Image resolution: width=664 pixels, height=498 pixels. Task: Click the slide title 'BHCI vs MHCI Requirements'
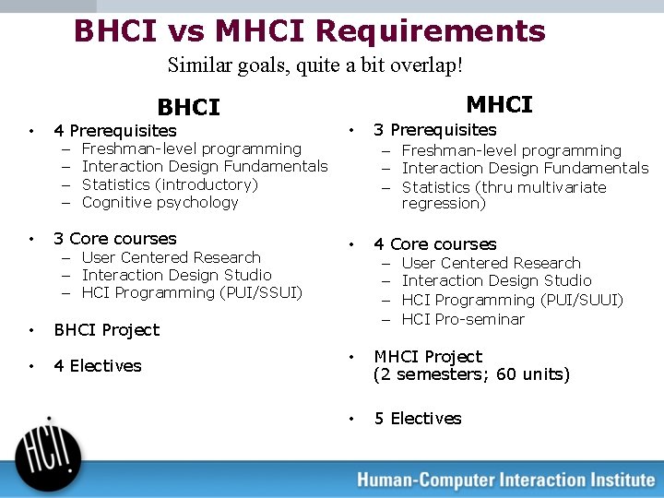tap(310, 30)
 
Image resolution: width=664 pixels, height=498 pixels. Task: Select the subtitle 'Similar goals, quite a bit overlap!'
tap(315, 65)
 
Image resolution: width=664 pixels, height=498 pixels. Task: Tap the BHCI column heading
tap(188, 108)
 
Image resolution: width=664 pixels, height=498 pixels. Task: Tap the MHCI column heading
tap(499, 104)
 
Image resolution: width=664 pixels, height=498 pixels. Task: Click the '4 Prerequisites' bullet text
tap(114, 131)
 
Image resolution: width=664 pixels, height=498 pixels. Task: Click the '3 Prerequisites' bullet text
tap(434, 130)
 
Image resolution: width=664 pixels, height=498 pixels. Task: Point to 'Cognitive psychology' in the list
tap(160, 202)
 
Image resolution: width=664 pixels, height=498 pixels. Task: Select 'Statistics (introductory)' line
tap(170, 184)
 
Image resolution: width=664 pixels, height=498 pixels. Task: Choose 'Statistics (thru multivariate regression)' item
tap(504, 196)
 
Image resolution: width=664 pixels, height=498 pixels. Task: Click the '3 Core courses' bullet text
tap(114, 239)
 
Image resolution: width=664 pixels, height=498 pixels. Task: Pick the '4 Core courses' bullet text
tap(434, 244)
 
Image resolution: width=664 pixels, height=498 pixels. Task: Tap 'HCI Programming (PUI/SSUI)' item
tap(192, 292)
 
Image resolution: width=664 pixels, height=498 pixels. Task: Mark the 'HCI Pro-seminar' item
tap(463, 319)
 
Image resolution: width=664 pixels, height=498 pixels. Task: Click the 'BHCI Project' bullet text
tap(106, 330)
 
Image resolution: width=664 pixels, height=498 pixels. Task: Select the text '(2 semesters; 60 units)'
tap(471, 374)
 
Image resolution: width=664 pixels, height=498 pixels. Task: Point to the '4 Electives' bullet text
tap(97, 366)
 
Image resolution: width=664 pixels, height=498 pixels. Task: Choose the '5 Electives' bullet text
tap(417, 419)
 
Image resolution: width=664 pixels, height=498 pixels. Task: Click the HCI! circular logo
tap(47, 450)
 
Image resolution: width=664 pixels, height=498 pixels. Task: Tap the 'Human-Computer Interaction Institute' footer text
tap(505, 480)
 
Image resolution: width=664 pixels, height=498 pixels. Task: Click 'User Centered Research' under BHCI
tap(171, 257)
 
